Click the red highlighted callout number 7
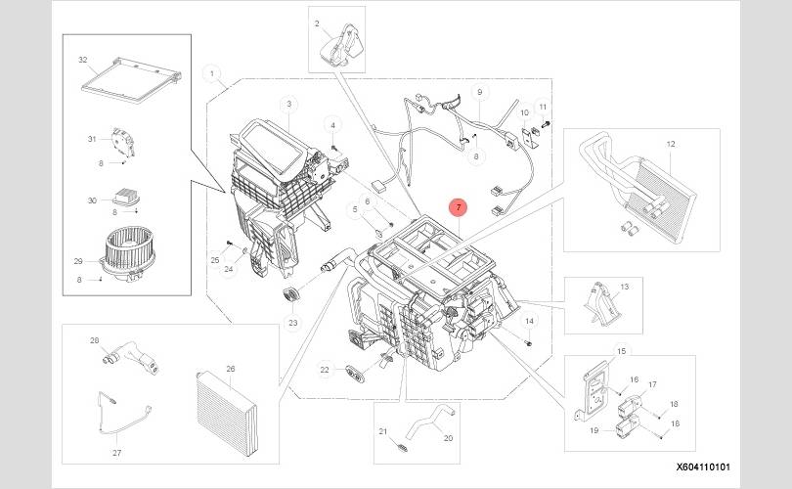coord(459,207)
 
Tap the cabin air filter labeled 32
coord(131,80)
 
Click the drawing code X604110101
coord(703,467)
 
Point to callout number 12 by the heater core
coord(671,144)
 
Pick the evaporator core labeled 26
coord(227,413)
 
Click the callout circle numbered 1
coord(211,73)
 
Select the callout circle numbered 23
coord(293,323)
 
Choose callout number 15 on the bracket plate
coord(621,351)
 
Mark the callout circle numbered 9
coord(479,92)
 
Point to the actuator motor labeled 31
coord(123,142)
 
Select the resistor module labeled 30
coord(126,196)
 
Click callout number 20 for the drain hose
coord(448,438)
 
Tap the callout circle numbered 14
coord(529,321)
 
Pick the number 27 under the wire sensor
coord(116,453)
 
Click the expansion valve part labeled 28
coord(131,357)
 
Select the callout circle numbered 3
coord(288,105)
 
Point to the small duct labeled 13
coord(601,303)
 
